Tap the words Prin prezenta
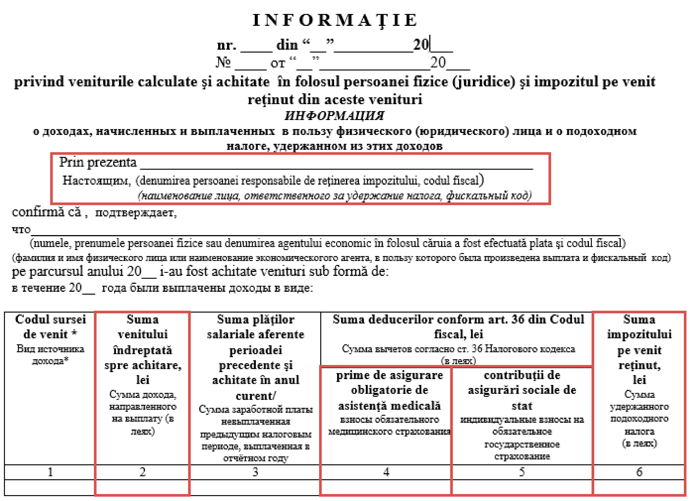98,162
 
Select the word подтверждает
136,213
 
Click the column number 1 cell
50,472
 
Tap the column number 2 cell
142,472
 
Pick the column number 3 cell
255,472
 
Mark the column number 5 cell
522,472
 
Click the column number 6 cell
639,472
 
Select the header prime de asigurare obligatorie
389,390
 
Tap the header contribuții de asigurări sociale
522,390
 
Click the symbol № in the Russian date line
223,63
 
